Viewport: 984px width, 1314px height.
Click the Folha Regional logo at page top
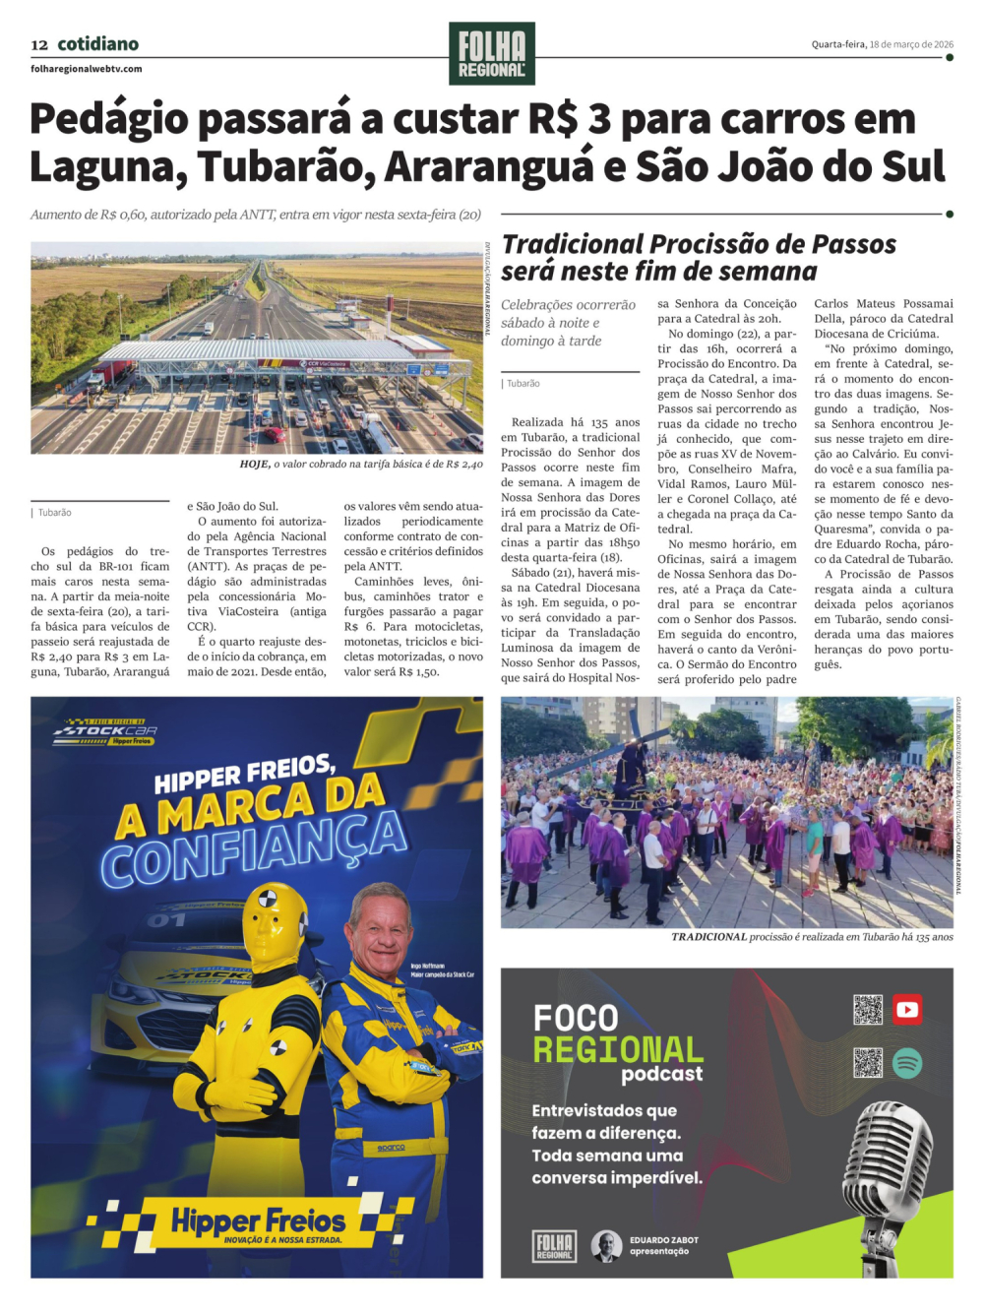point(492,53)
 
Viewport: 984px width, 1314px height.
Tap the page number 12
point(39,44)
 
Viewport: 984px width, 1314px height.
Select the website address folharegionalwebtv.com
point(87,69)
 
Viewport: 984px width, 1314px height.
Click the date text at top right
point(882,44)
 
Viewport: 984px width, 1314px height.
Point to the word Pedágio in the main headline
point(108,119)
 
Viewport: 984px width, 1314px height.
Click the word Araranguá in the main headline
point(489,166)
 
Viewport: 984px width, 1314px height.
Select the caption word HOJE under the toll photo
point(255,464)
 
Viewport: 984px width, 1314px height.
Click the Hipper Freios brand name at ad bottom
point(259,1220)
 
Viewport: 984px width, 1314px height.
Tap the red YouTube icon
point(907,1009)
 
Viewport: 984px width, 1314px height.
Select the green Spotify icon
point(907,1062)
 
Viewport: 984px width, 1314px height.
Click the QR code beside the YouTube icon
point(868,1010)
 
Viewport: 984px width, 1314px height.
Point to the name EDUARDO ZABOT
point(664,1240)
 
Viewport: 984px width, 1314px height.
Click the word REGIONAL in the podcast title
point(618,1049)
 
